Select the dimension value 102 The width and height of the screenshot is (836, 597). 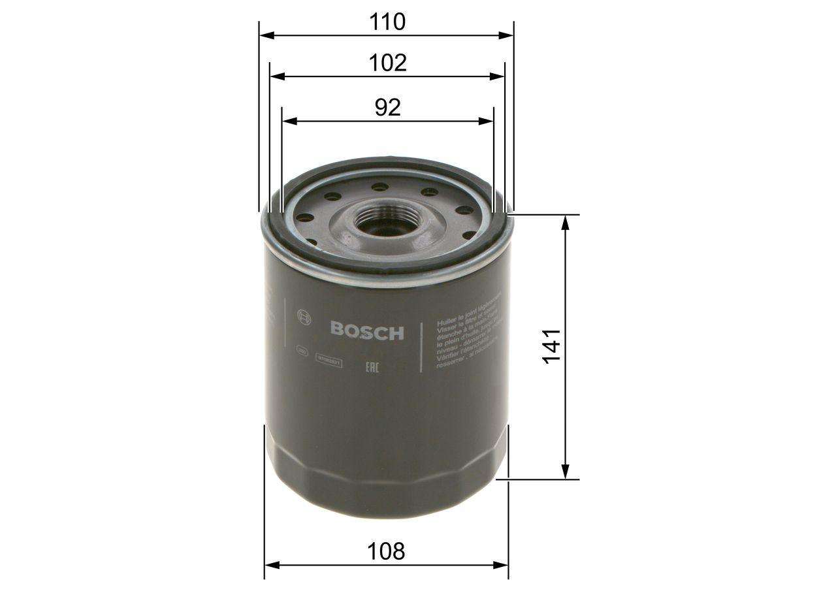coord(387,63)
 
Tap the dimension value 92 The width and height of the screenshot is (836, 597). coord(387,108)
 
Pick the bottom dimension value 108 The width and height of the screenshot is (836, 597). coord(386,551)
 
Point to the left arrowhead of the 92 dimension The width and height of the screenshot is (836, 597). coord(288,121)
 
